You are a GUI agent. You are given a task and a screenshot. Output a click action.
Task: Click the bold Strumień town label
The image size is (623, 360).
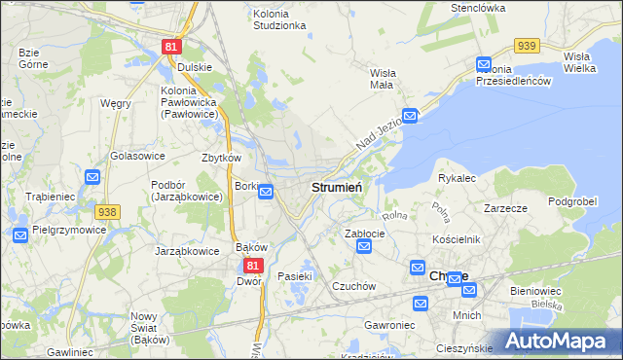tap(337, 186)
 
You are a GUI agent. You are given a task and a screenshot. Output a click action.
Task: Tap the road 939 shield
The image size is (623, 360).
tap(528, 46)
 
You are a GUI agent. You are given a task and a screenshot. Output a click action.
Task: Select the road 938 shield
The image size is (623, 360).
tap(107, 211)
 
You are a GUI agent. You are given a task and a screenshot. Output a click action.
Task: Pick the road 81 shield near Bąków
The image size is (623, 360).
tap(252, 265)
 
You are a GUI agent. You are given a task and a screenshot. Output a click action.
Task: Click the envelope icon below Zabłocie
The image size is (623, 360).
tap(364, 247)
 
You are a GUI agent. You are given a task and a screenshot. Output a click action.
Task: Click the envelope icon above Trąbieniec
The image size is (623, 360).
tap(92, 177)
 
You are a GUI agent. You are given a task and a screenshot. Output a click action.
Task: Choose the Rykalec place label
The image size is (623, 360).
tap(457, 178)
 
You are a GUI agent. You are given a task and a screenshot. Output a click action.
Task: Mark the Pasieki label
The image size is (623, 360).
tap(294, 276)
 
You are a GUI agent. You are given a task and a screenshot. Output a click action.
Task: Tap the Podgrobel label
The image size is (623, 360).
tap(571, 200)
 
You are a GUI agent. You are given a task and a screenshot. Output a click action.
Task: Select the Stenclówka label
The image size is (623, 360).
tap(474, 8)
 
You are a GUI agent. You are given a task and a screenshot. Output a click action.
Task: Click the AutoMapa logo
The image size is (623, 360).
tap(558, 341)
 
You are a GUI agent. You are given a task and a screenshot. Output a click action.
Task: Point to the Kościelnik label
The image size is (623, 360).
tap(458, 239)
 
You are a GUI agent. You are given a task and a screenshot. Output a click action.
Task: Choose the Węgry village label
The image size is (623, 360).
tap(115, 103)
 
